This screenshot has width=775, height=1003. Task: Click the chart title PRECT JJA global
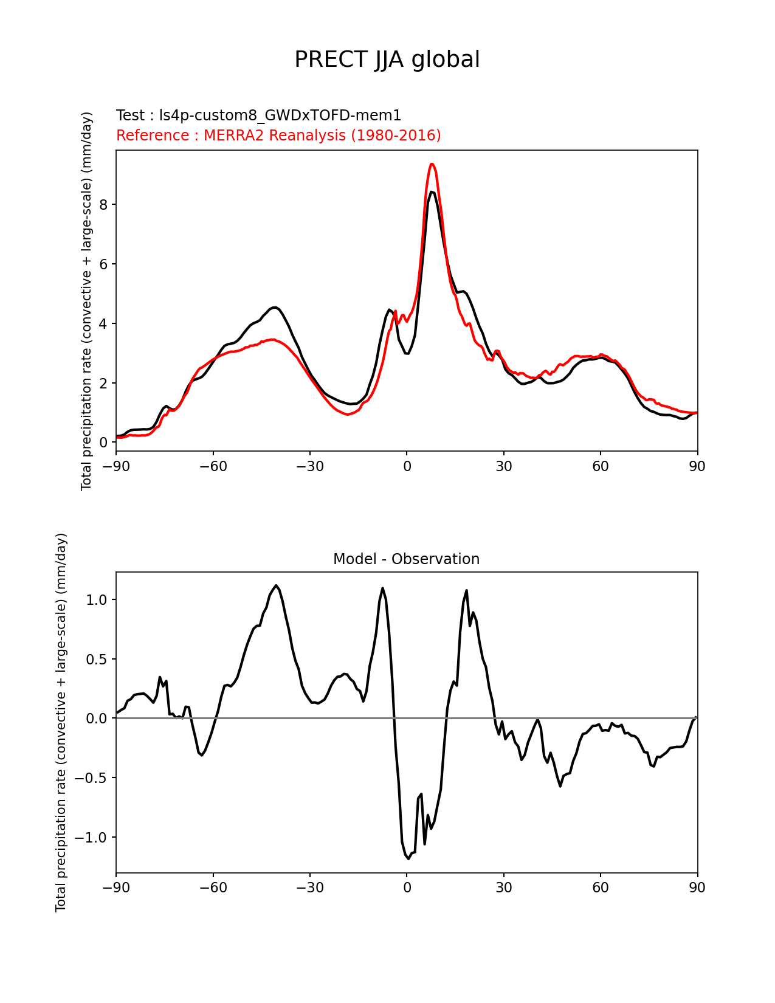[x=387, y=60]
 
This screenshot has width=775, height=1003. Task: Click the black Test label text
[x=258, y=115]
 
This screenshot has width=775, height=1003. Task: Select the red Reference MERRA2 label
[x=278, y=135]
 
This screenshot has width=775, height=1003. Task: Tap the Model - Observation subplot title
[x=406, y=559]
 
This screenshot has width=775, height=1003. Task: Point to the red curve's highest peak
[x=432, y=164]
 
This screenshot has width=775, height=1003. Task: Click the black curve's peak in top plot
[x=432, y=192]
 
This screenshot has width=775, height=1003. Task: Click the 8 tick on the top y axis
[x=103, y=204]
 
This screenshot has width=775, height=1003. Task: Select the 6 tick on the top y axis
[x=103, y=264]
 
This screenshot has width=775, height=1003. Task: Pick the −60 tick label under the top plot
[x=213, y=466]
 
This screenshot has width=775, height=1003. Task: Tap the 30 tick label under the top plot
[x=503, y=466]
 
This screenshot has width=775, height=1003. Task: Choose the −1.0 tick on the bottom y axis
[x=91, y=837]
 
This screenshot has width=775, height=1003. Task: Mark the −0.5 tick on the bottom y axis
[x=91, y=777]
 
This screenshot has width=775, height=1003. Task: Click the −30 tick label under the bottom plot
[x=309, y=888]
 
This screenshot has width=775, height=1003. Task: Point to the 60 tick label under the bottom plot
[x=601, y=888]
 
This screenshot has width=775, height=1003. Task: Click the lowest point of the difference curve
[x=408, y=858]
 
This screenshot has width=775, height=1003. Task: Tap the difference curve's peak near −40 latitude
[x=276, y=585]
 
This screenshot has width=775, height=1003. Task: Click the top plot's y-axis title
[x=86, y=301]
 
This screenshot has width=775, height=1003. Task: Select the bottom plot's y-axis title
[x=61, y=722]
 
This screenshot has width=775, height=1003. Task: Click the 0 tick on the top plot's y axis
[x=103, y=443]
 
